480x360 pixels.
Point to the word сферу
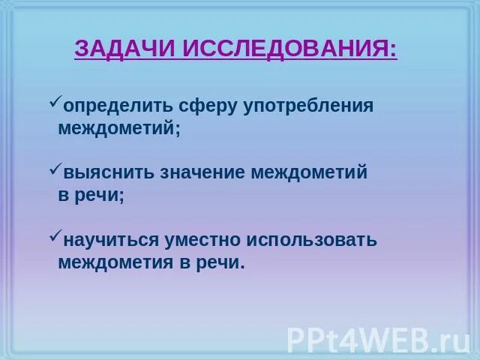point(207,106)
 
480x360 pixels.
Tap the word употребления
point(308,106)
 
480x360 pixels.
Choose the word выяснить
point(108,173)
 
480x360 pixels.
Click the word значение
point(202,173)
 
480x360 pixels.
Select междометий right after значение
point(309,173)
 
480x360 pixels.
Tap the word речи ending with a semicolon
point(100,196)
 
